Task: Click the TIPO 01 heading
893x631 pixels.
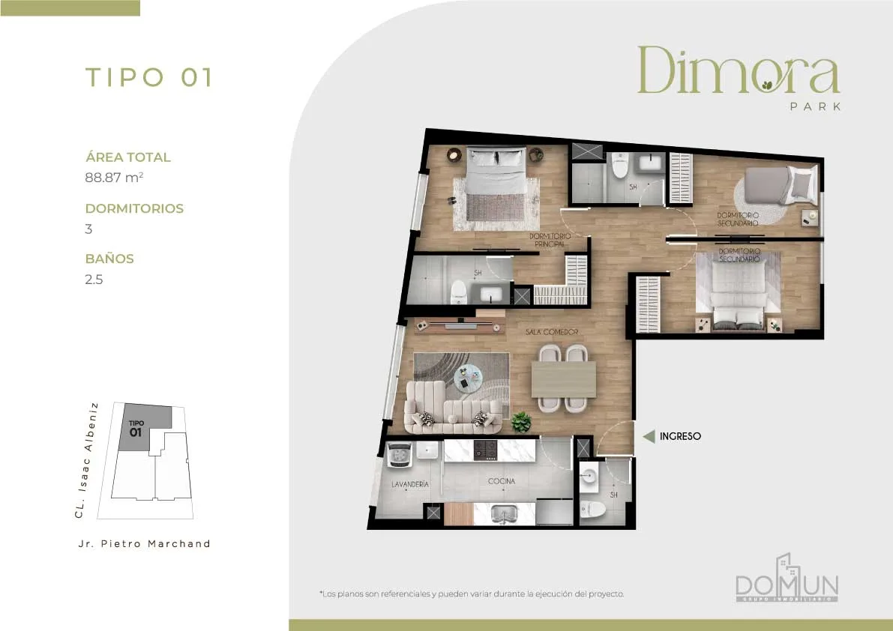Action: click(148, 77)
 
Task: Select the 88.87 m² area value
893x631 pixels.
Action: click(114, 178)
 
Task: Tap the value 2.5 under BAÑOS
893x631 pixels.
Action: click(94, 280)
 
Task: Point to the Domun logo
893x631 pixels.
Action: click(787, 578)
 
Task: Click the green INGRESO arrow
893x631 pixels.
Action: click(649, 436)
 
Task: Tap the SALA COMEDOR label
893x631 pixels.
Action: click(552, 332)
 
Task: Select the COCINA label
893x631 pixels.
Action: click(501, 481)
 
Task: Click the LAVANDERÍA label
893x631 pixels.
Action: click(410, 484)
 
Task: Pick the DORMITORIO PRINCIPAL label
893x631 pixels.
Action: click(550, 240)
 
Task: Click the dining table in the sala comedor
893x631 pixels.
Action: click(564, 379)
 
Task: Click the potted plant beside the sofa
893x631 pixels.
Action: click(520, 422)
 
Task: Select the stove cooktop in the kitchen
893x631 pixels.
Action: click(486, 450)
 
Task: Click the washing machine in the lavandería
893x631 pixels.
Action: click(400, 455)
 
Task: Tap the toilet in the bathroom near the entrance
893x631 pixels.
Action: click(592, 509)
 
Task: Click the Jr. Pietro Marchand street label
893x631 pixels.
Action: click(144, 544)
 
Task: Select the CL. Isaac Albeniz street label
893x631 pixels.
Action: click(86, 460)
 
